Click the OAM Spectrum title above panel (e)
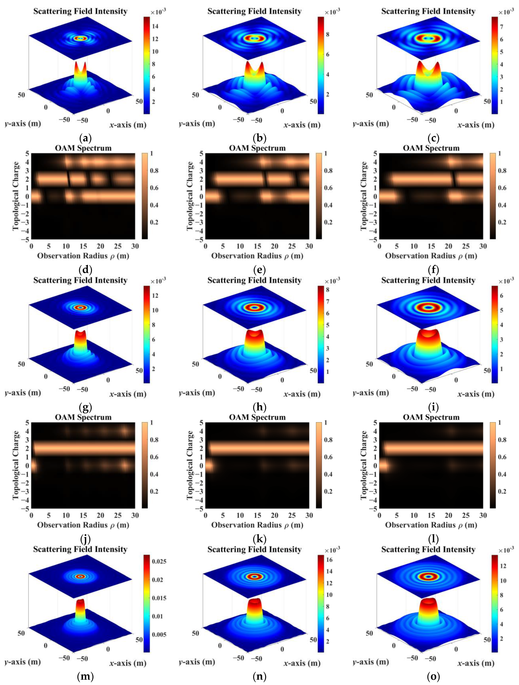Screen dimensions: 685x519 tap(257, 148)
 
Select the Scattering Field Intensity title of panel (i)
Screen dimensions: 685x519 tap(428, 280)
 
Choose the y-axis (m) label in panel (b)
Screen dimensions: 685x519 tap(197, 124)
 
